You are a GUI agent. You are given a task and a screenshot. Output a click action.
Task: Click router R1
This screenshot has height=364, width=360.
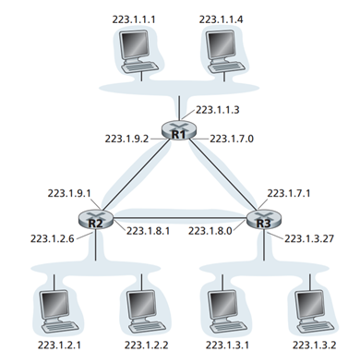point(179,131)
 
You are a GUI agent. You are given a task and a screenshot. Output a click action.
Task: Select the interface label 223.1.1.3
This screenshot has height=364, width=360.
point(220,110)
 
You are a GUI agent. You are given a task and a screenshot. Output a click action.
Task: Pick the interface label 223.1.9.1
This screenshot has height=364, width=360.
point(69,194)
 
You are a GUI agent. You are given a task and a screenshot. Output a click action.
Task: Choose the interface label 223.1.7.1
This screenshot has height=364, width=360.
point(289,194)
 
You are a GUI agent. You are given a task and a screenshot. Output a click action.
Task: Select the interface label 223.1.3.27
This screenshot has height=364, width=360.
point(311,238)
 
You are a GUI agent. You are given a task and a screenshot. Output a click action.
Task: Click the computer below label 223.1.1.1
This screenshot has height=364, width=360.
point(140,50)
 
